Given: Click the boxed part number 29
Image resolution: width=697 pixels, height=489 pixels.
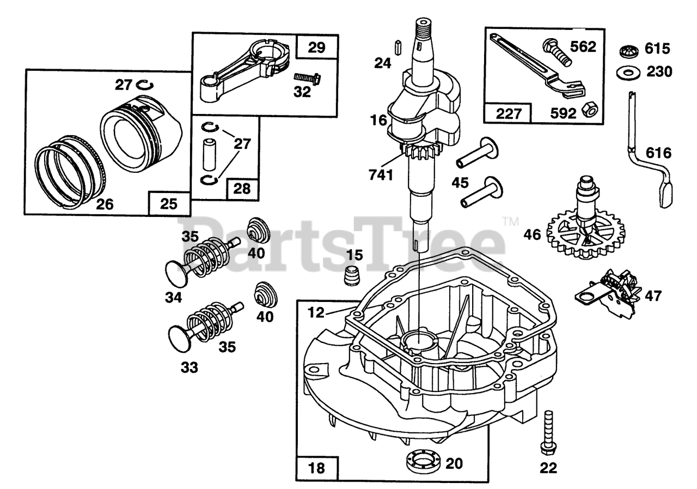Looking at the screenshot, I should [316, 47].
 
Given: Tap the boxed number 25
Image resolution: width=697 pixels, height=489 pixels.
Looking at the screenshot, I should [169, 204].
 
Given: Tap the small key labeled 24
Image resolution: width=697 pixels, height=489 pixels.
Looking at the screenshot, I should [398, 45].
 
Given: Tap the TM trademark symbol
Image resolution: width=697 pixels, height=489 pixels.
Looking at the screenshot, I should [511, 222].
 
